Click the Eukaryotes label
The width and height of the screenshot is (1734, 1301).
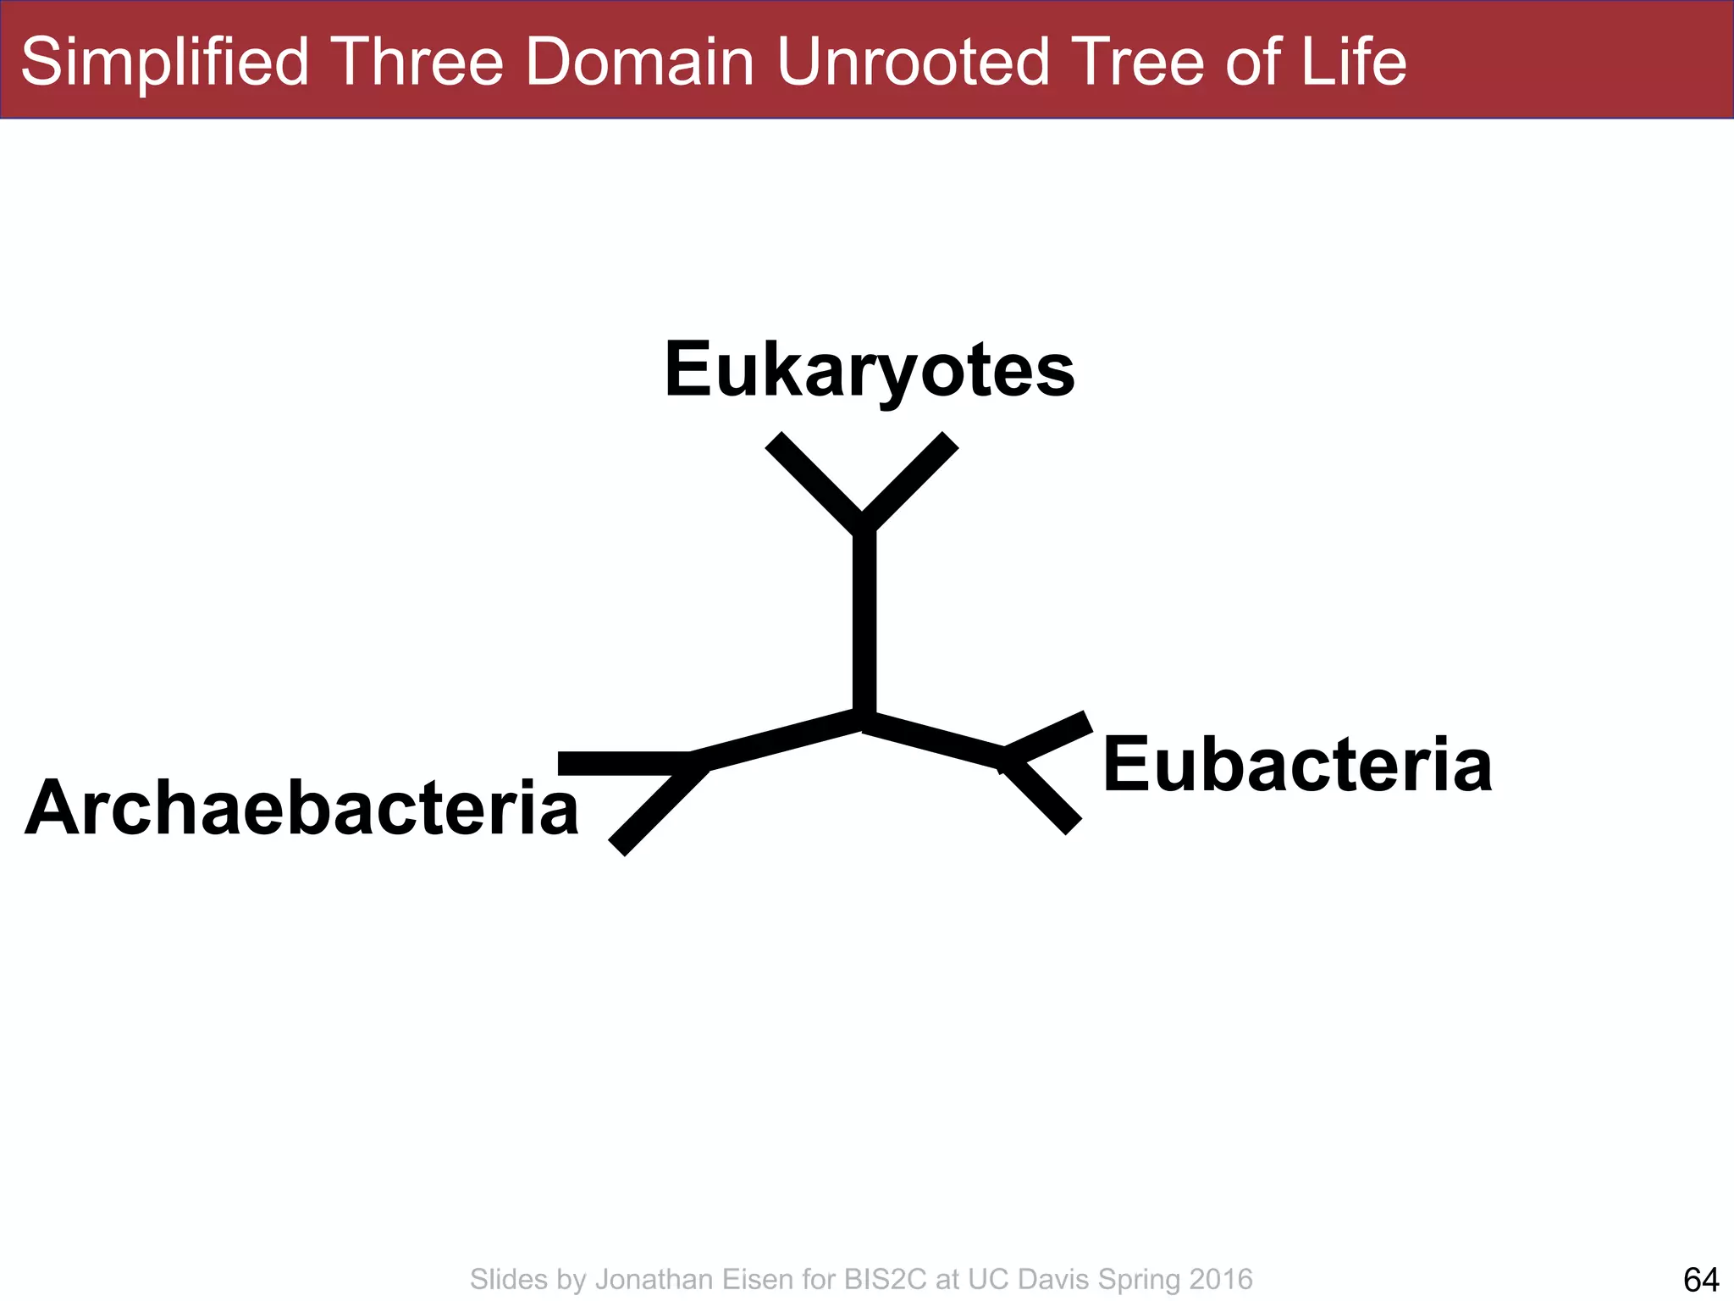click(870, 370)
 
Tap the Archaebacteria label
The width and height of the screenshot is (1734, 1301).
click(301, 808)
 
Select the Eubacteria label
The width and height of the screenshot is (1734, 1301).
click(1297, 765)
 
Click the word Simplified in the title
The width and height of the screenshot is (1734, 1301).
click(165, 62)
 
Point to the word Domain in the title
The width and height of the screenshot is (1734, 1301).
click(639, 62)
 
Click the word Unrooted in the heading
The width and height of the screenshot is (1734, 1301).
click(914, 62)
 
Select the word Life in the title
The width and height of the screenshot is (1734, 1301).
click(1353, 62)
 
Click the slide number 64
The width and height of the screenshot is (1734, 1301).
click(1701, 1279)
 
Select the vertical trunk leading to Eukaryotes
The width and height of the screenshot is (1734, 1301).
click(864, 623)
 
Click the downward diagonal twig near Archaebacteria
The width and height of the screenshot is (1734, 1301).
click(658, 808)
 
